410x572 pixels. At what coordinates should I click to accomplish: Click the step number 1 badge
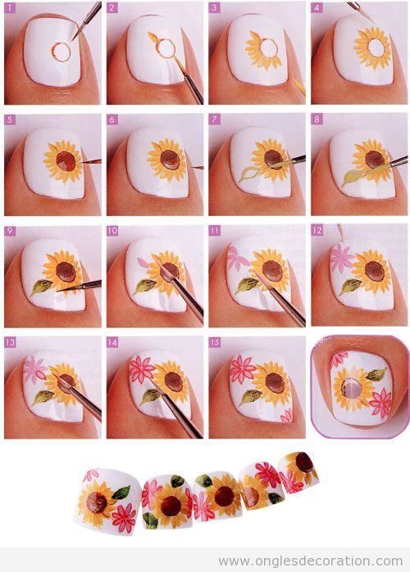(x=10, y=7)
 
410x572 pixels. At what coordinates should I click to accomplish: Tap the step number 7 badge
(x=214, y=119)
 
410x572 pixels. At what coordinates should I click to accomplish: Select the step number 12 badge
(x=317, y=230)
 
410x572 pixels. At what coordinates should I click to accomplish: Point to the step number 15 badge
(x=215, y=342)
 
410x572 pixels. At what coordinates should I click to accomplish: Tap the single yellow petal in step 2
(x=153, y=37)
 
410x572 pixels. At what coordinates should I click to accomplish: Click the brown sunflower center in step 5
(x=66, y=161)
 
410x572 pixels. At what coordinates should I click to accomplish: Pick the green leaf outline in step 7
(x=248, y=173)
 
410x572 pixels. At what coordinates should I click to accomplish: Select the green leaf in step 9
(x=41, y=286)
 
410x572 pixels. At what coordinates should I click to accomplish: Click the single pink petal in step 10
(x=143, y=263)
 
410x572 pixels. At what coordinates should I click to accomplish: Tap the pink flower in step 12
(x=341, y=257)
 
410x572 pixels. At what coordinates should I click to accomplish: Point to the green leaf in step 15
(x=251, y=397)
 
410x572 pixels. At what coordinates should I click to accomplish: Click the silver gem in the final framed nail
(x=350, y=388)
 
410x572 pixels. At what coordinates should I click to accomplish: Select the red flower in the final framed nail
(x=380, y=403)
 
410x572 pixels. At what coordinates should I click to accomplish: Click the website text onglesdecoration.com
(x=311, y=561)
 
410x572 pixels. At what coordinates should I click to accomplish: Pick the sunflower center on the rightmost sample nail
(x=304, y=462)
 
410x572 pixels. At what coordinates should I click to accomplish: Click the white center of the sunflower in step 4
(x=376, y=47)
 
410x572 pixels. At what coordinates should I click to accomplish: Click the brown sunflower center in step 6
(x=170, y=160)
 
